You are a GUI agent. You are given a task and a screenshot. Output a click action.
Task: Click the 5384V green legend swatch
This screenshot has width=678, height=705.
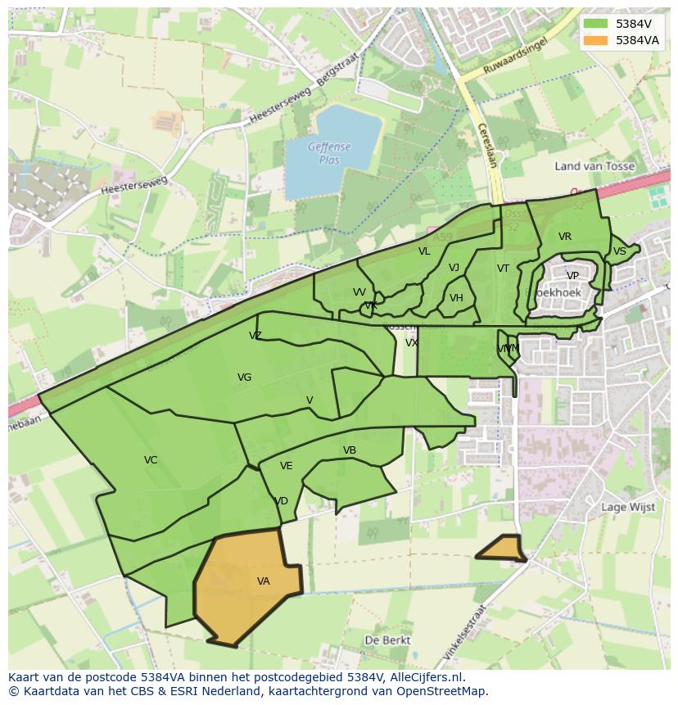pos(596,24)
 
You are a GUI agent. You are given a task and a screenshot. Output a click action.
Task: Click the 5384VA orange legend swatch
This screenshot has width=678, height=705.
pos(596,40)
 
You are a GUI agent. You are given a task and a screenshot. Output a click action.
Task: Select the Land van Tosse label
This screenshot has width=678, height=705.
pos(594,166)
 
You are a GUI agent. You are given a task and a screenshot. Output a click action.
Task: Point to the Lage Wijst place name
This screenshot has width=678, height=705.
pos(628,507)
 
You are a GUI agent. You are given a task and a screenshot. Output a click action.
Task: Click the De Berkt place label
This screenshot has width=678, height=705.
pos(387,639)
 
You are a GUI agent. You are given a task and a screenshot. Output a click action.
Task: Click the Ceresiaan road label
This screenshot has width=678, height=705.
pos(486,145)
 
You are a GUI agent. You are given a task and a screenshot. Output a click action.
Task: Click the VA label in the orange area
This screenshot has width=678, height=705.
pos(263,581)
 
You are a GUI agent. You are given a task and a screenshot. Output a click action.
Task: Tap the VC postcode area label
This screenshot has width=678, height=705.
pos(151,460)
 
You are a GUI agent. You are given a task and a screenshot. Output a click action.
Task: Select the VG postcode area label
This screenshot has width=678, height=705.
pos(244,377)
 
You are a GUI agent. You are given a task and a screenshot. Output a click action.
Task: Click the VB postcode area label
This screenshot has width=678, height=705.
pos(350,450)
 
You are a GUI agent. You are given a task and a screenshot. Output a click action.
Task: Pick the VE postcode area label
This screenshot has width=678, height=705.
pos(286,466)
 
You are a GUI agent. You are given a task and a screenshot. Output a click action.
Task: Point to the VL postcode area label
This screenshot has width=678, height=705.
pos(423,251)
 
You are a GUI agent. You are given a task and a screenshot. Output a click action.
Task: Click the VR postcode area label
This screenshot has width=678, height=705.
pos(565,237)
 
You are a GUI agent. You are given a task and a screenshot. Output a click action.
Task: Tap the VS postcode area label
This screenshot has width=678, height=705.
pos(619,251)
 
